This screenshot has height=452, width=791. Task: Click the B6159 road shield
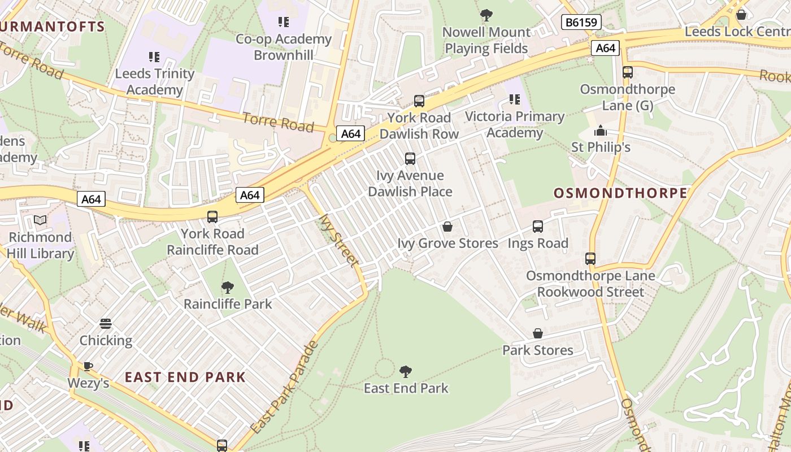[581, 23]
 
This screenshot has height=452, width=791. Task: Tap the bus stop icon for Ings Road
[538, 227]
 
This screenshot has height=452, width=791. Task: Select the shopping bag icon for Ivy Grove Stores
[447, 227]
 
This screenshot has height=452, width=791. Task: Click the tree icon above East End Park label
[405, 371]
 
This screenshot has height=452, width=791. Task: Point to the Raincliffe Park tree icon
[228, 287]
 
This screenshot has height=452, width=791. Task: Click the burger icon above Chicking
[106, 324]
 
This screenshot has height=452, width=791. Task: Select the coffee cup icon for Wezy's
[88, 366]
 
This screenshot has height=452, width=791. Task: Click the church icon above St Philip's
[600, 131]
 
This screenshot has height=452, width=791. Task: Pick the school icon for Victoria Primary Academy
[514, 100]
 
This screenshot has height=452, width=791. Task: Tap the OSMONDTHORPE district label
[620, 193]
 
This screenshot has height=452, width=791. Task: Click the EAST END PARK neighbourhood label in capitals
[185, 377]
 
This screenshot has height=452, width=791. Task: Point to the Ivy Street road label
[338, 240]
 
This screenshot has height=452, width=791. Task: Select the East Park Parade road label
[284, 388]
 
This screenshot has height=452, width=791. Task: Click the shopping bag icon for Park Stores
[538, 333]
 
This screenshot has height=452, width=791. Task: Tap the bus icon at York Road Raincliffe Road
[212, 216]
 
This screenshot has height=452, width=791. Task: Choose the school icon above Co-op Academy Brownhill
[284, 22]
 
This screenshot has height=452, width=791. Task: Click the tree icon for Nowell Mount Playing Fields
[486, 15]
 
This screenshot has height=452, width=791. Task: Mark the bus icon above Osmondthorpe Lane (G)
[628, 72]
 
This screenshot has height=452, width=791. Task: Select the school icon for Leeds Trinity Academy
[154, 56]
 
